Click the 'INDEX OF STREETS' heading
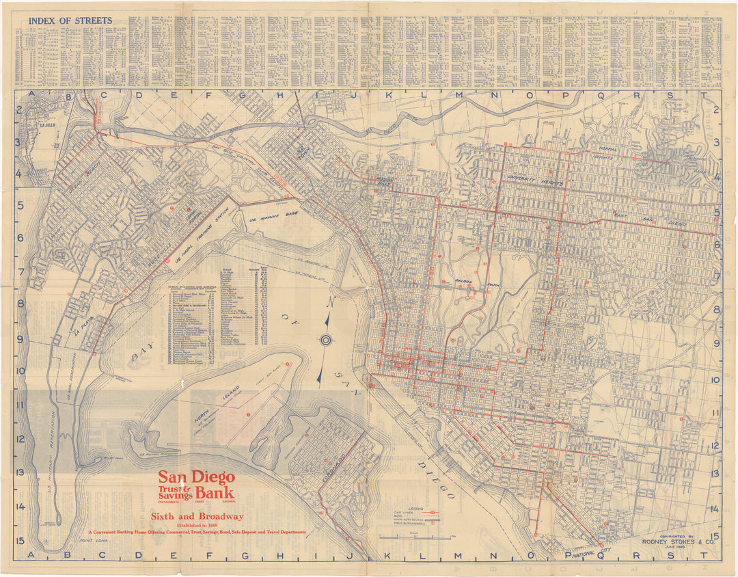(x=70, y=21)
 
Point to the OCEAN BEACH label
(x=80, y=182)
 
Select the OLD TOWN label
(x=301, y=148)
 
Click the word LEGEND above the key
(x=416, y=509)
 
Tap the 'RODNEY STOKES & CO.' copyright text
(x=678, y=542)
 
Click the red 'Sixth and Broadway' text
(x=197, y=516)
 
